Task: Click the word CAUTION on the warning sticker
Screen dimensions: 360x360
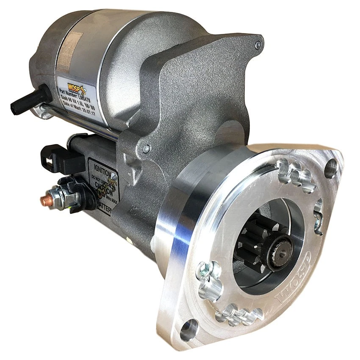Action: (104, 185)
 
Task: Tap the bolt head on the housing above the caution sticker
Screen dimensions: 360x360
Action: (147, 149)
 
